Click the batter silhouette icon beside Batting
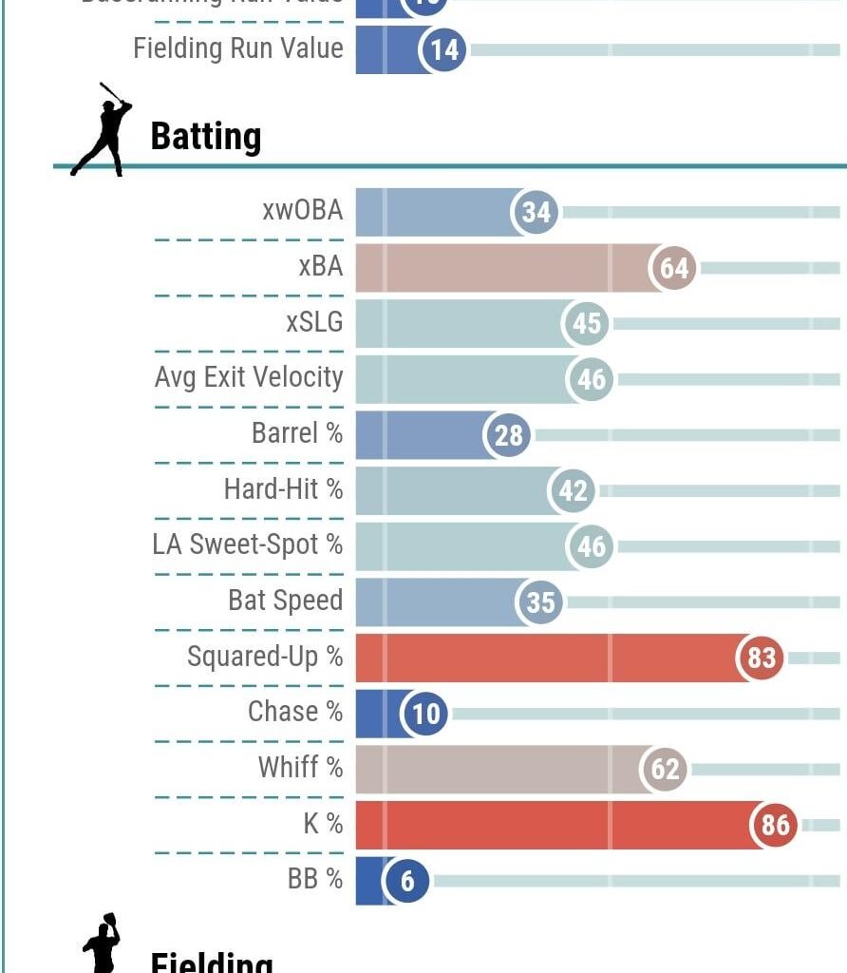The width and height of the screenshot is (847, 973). [103, 130]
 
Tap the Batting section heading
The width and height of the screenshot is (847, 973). [205, 137]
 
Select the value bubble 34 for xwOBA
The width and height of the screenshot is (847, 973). [536, 212]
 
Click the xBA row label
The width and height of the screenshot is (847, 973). [320, 267]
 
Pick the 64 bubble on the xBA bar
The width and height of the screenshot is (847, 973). [673, 268]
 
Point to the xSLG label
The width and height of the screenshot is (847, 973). [314, 323]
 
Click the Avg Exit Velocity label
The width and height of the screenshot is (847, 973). [249, 378]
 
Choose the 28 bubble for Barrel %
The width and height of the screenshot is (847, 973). [509, 435]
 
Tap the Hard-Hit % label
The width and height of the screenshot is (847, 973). [283, 489]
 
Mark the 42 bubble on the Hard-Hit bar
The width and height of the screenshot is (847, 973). [573, 491]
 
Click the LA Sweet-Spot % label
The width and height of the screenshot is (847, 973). [247, 545]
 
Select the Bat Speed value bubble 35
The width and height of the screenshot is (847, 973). [540, 602]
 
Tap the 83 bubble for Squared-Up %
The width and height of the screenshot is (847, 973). [762, 658]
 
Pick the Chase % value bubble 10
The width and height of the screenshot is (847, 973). [426, 713]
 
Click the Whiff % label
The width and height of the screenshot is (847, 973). [300, 768]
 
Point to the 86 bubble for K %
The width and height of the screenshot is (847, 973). [775, 825]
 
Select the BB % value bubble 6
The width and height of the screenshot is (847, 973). [407, 881]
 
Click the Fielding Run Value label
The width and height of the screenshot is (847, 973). [238, 48]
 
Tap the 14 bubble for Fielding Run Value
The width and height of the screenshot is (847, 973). [443, 49]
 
